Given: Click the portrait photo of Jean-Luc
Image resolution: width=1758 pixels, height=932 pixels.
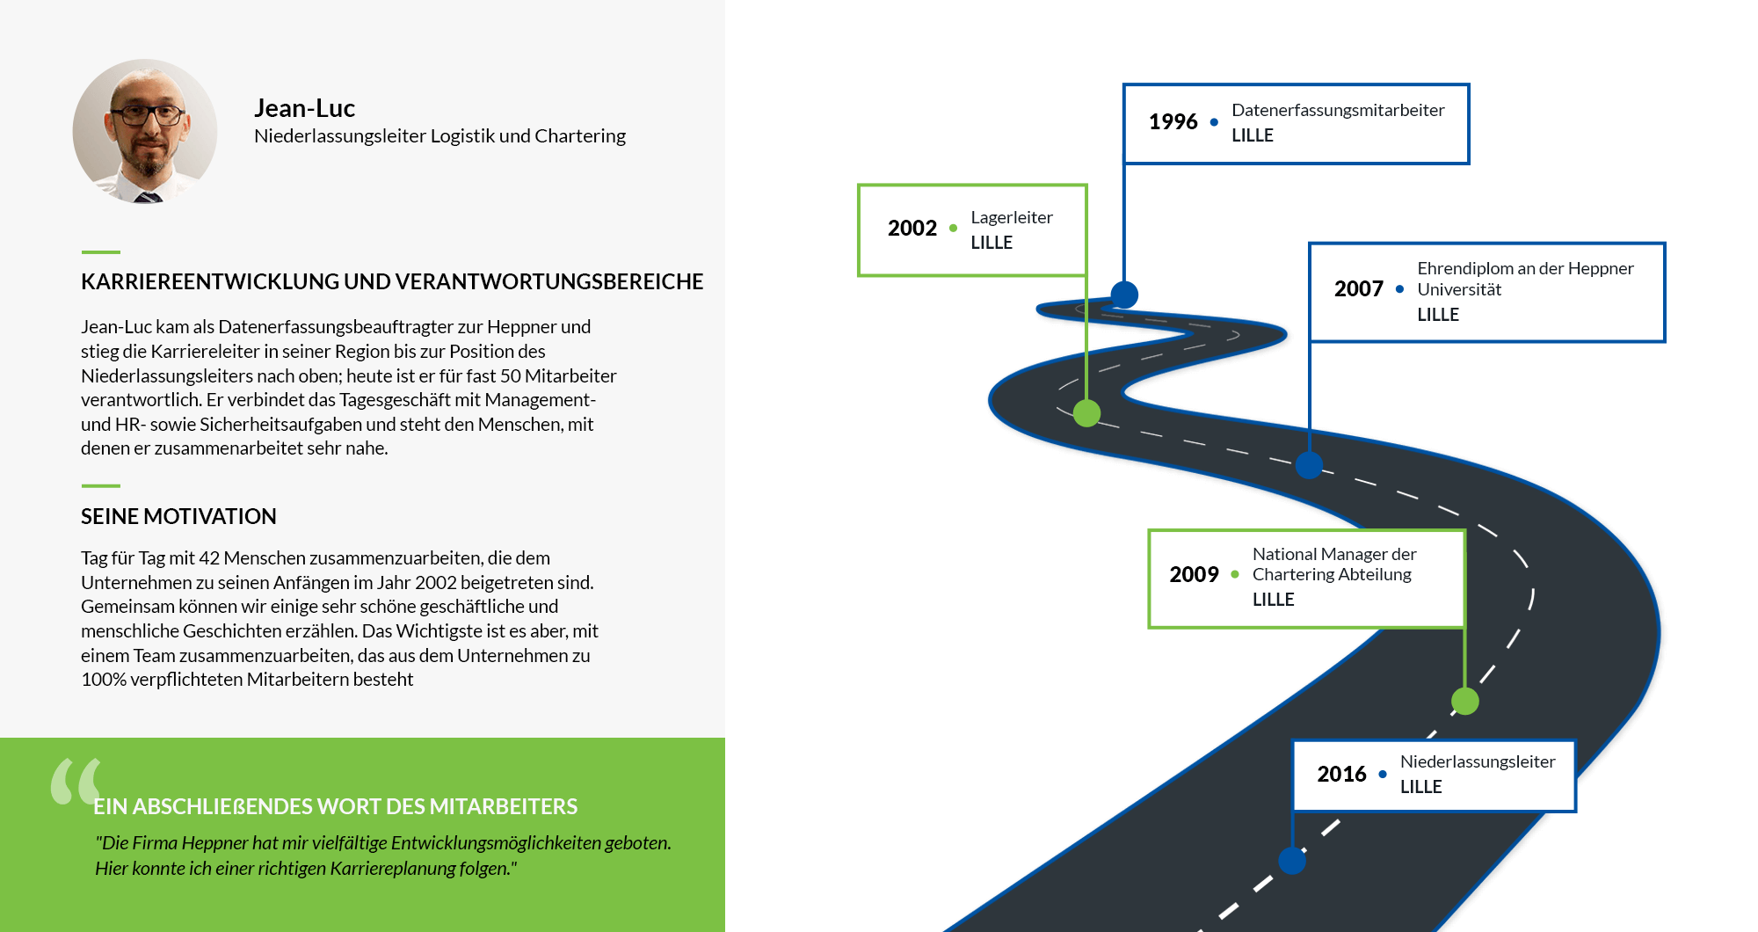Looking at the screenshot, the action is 145,131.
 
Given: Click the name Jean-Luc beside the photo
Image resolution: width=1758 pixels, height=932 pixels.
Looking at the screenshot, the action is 304,108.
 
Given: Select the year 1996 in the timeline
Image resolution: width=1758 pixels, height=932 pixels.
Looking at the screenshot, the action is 1173,121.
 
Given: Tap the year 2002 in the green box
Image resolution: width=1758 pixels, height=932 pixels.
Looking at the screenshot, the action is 912,229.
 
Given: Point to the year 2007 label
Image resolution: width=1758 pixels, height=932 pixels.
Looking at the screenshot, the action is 1358,289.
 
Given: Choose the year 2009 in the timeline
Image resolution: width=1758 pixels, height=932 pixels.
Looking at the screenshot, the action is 1194,575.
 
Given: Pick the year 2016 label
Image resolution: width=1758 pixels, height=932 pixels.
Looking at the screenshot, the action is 1341,775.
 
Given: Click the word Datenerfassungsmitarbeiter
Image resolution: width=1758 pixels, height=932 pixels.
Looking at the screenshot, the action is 1338,110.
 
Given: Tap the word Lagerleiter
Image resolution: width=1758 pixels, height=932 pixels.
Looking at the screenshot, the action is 1012,217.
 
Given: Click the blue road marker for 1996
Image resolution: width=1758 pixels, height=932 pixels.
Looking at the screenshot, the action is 1124,295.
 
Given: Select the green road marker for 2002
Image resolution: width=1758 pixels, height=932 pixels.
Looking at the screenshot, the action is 1086,412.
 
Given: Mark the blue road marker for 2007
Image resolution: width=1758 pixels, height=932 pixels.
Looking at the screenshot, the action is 1309,465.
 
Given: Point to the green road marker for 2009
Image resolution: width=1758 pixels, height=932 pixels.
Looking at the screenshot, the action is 1464,701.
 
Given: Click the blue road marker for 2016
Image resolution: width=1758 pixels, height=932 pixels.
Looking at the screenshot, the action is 1292,860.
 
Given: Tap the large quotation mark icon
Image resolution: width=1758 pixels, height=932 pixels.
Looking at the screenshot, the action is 76,781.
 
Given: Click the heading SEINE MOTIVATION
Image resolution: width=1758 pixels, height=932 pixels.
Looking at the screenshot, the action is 178,517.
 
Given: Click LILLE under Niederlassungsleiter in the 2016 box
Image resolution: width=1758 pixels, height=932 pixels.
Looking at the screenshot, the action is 1420,787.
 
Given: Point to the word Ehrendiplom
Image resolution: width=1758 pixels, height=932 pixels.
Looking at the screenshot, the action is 1464,268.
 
